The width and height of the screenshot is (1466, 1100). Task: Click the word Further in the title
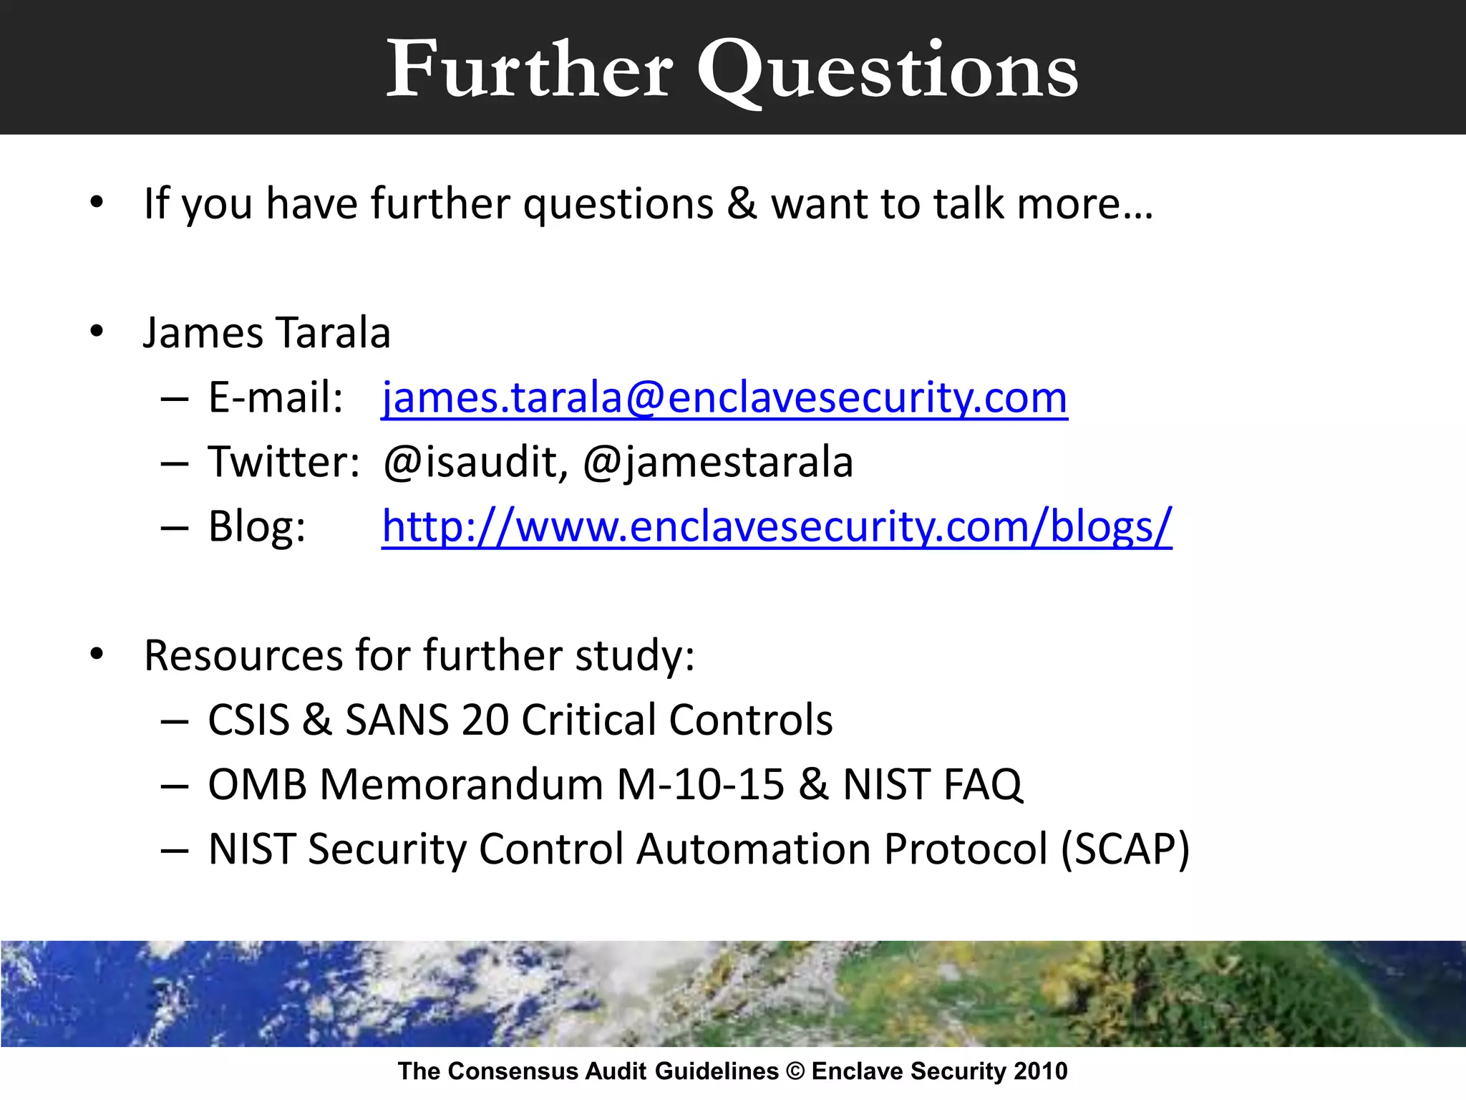coord(530,69)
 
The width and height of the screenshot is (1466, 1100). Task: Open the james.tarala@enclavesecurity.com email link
coord(724,397)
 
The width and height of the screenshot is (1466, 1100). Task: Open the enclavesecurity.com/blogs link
coord(777,526)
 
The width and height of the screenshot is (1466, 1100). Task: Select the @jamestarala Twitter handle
coord(718,462)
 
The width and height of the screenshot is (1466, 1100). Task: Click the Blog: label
coord(257,526)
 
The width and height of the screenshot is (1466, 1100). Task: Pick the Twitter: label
coord(283,462)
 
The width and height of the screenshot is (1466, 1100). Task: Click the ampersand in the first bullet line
coord(742,203)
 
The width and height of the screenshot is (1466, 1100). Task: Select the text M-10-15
coord(700,784)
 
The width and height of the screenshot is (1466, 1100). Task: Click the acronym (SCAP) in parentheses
coord(1125,849)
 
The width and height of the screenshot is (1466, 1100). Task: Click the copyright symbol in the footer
coord(795,1071)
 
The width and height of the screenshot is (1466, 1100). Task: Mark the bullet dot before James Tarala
coord(97,332)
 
